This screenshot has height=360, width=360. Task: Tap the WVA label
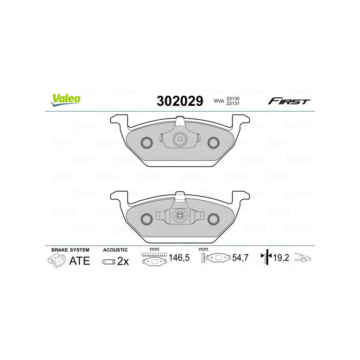point(218,102)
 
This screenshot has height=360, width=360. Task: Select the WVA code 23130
point(232,99)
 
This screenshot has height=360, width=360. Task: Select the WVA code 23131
point(232,104)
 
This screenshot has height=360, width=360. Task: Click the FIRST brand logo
point(289,101)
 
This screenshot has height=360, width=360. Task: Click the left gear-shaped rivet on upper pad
point(147,143)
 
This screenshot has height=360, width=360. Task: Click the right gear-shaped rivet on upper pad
point(213,143)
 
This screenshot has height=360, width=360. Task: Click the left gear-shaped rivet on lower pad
point(147,219)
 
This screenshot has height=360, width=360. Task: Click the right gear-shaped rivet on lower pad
point(213,219)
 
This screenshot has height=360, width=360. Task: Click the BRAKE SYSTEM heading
point(70,250)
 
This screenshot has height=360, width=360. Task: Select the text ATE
point(79,261)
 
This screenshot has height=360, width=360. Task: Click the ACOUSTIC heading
point(115,250)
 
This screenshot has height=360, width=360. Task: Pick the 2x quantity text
point(123,261)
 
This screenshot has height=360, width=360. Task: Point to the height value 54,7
point(240,258)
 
